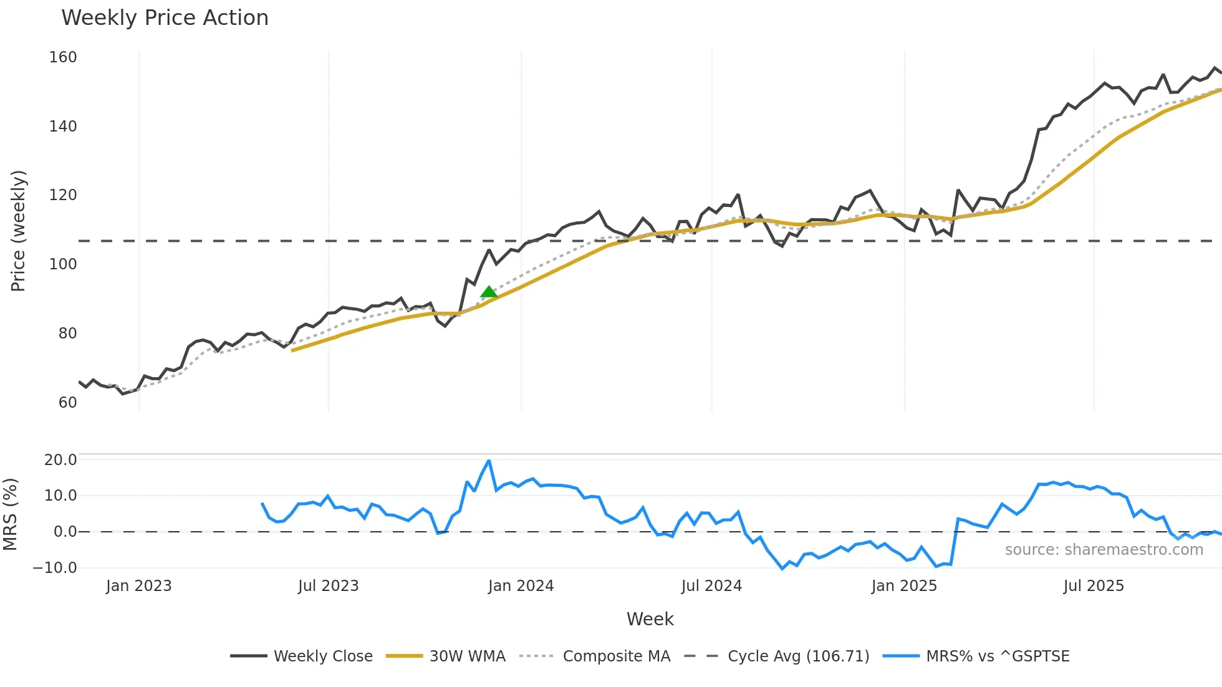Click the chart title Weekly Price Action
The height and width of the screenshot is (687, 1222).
tap(165, 18)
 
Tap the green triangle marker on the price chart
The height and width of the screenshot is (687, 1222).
tap(489, 292)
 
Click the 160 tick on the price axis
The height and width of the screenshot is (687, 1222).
tap(63, 57)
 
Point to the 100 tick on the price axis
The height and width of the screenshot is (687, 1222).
tap(63, 264)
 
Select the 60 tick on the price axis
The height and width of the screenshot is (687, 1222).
tap(67, 403)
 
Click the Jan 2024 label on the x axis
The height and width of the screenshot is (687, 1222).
tap(521, 586)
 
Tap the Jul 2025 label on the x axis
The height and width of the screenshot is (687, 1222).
tap(1094, 586)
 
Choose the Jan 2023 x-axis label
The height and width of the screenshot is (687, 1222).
tap(138, 586)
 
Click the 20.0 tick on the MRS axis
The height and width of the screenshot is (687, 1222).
tap(60, 460)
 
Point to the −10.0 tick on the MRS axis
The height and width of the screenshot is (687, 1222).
tap(55, 568)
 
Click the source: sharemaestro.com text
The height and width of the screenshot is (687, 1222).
tap(1104, 550)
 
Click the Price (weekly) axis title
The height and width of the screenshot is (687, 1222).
tap(18, 231)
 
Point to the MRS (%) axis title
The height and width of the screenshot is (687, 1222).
tap(10, 514)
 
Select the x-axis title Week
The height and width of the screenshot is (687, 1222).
tap(650, 619)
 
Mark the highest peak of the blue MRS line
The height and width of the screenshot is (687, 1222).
tap(489, 461)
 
